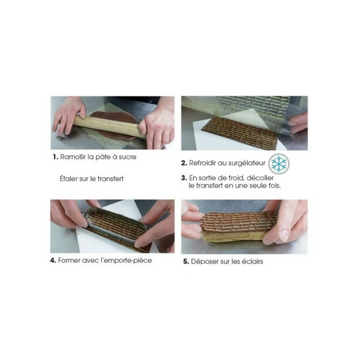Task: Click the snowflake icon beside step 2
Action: pos(278,163)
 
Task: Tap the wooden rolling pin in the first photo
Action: pos(109,125)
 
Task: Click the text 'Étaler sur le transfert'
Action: pos(91,178)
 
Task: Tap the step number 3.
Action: pos(183,178)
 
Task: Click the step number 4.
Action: pos(53,261)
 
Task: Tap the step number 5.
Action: pos(186,262)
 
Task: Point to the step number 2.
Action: pos(184,163)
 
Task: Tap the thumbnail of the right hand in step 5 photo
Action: pos(284,234)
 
